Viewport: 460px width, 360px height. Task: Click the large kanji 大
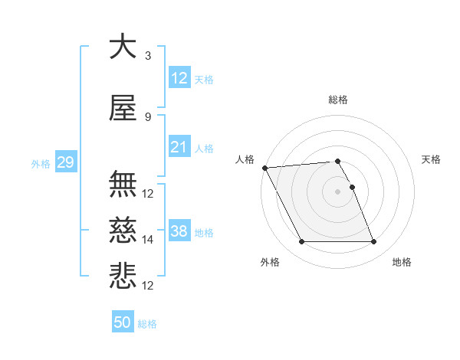point(123,47)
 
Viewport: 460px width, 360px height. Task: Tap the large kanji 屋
point(123,110)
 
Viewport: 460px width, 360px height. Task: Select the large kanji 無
point(123,185)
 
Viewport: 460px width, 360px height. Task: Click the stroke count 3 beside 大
point(147,56)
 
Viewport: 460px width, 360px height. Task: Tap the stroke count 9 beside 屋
point(147,117)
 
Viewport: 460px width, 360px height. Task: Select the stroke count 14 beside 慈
point(148,240)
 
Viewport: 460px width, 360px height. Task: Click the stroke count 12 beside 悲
point(148,285)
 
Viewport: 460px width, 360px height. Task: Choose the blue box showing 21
point(179,147)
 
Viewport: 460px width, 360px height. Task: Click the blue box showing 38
point(179,231)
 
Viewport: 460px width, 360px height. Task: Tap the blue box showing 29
point(65,162)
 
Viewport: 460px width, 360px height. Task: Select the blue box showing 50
point(123,322)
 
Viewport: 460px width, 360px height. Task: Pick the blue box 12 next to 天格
point(179,78)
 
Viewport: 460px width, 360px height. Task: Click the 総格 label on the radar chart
point(338,100)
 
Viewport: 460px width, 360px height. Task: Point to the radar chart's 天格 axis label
point(431,159)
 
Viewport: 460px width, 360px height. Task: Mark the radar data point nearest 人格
point(264,168)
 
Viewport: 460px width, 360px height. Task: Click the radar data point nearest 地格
point(374,242)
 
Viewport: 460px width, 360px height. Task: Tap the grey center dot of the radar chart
point(338,191)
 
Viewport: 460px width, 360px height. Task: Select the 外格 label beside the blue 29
point(40,163)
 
